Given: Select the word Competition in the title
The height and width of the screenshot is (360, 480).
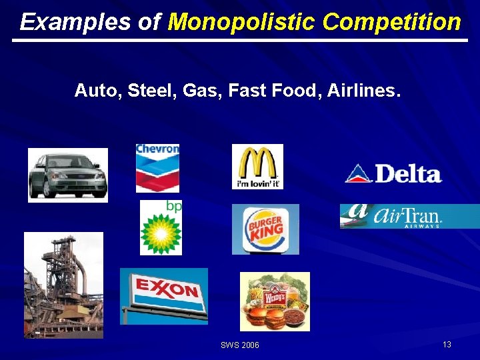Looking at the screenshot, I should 391,22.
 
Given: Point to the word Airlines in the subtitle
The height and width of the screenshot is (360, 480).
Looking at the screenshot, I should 365,90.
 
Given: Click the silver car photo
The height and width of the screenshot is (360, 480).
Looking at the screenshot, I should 67,175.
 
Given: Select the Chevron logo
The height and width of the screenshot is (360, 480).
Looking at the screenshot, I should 157,167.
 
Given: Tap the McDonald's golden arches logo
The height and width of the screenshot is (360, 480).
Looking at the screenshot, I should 257,167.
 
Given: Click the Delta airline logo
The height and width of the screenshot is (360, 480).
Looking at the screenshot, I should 393,173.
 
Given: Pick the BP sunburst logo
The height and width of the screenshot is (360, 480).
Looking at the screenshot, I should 161,228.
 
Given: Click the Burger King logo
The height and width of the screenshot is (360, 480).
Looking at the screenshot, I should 265,229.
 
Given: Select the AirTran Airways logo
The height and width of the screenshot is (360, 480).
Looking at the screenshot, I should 409,216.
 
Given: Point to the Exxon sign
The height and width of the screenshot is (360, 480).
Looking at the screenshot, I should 164,295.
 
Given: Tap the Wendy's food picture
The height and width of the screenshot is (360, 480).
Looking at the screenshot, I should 275,301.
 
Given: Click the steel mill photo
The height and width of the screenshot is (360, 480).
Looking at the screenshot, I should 63,285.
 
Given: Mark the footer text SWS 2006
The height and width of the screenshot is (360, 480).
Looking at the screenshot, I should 240,345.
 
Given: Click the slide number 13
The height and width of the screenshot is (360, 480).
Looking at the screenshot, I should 447,344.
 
